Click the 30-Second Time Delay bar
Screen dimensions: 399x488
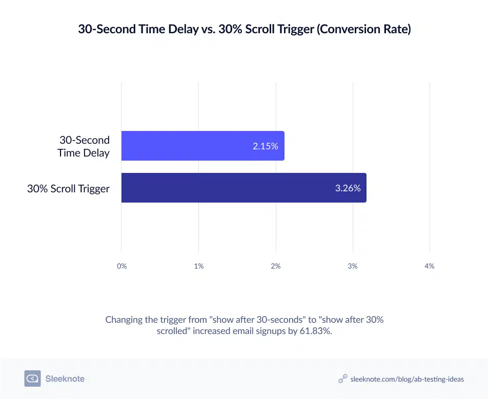click(202, 146)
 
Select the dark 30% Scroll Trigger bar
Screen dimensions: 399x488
click(243, 188)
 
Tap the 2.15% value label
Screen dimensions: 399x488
click(265, 146)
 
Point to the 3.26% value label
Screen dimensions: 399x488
click(348, 188)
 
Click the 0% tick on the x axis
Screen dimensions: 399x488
click(121, 266)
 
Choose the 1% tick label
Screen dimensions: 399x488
click(199, 266)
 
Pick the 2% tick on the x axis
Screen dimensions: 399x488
click(276, 266)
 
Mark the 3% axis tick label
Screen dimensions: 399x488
click(353, 266)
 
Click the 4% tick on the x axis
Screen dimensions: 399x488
click(430, 266)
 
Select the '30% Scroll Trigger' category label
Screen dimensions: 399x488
click(68, 188)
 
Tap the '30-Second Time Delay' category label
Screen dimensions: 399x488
click(84, 146)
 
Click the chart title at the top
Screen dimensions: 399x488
click(244, 30)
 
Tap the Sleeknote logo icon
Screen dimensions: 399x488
click(32, 379)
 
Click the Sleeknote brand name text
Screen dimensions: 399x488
click(65, 379)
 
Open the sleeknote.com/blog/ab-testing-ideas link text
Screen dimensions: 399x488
click(406, 379)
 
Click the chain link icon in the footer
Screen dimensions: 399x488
click(343, 379)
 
